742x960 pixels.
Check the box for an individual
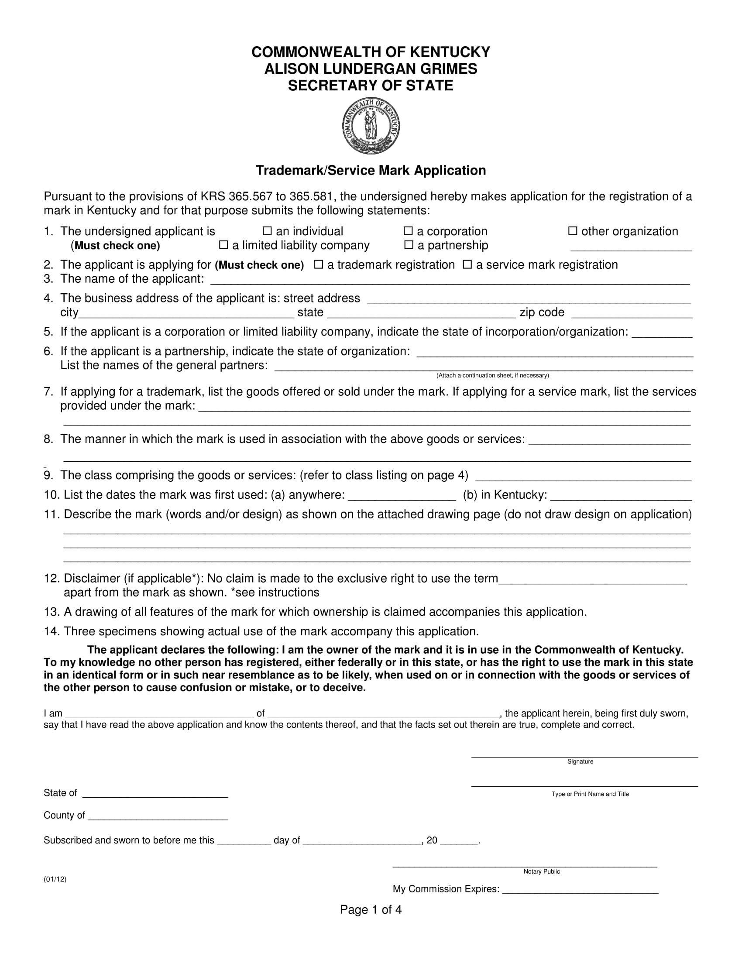coord(267,231)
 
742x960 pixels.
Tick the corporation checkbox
coord(408,231)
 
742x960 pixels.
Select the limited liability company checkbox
coord(223,245)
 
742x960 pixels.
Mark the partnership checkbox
coord(409,245)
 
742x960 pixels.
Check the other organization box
coord(572,231)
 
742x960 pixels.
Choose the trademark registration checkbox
coord(319,264)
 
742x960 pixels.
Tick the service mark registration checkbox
coord(467,264)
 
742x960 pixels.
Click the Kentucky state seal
coord(371,126)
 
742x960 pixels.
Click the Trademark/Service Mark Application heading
coord(371,171)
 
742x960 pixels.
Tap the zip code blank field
coord(632,314)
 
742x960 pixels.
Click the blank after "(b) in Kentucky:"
coord(621,497)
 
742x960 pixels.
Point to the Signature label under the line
coord(580,762)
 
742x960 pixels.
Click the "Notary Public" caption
coord(542,872)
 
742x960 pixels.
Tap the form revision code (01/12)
coord(55,879)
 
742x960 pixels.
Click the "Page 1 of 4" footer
coord(371,910)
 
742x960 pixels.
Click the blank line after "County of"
coord(158,817)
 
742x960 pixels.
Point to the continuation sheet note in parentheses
coord(492,375)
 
